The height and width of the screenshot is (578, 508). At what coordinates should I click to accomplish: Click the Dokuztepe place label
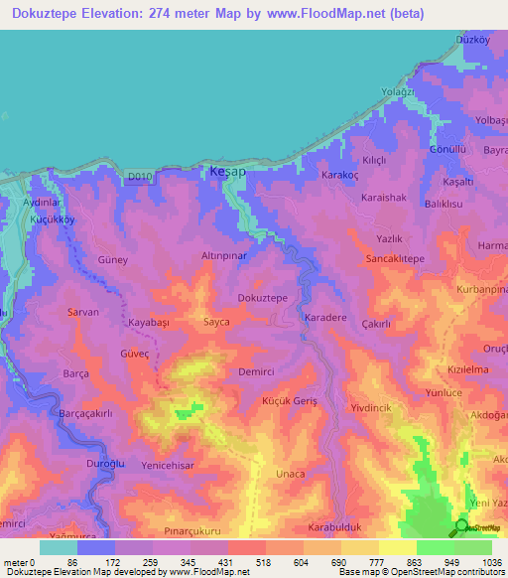point(263,297)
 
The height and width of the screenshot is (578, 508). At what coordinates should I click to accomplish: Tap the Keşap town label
point(225,172)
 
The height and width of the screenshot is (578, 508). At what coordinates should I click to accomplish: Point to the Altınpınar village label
point(224,255)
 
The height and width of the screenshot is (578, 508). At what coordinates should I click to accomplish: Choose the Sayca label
point(216,323)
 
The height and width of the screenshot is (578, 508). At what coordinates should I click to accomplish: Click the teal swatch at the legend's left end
point(58,547)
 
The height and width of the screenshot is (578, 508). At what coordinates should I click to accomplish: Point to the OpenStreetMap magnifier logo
point(461,527)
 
